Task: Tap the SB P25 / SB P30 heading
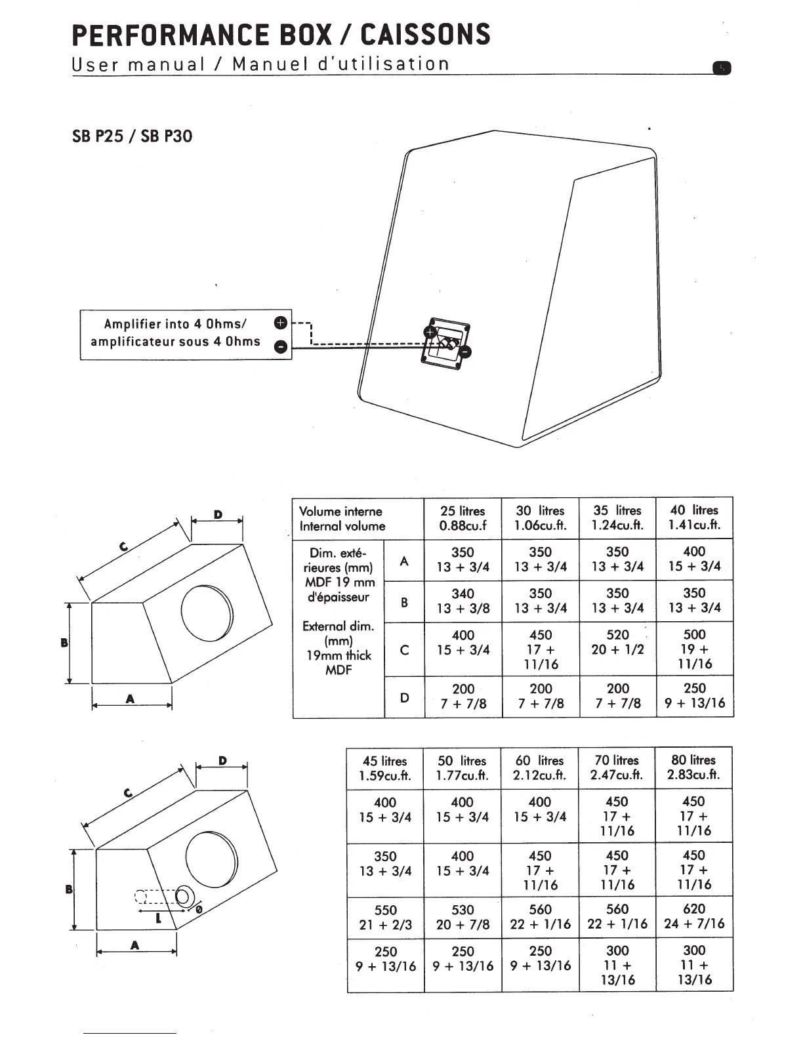[x=132, y=136]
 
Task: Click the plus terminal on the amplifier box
[x=280, y=323]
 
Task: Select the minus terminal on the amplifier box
[x=280, y=347]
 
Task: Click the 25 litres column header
[x=463, y=518]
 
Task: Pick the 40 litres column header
[x=694, y=517]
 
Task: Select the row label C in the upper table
[x=404, y=649]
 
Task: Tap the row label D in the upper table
[x=404, y=697]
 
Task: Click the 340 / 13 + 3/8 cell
[x=463, y=601]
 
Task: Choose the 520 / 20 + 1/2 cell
[x=617, y=642]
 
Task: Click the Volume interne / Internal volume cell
[x=342, y=518]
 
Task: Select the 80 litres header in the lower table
[x=693, y=767]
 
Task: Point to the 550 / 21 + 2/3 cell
[x=385, y=917]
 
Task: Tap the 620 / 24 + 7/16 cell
[x=693, y=916]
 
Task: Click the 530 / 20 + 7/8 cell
[x=463, y=917]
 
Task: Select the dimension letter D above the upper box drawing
[x=218, y=515]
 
